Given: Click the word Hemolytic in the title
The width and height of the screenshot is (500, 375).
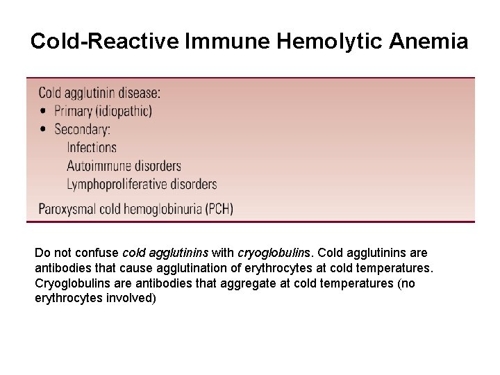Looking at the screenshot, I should point(329,42).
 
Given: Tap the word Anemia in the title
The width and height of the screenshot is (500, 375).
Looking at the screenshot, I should point(428,42).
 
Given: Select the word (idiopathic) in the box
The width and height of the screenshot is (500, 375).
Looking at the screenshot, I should point(124,111).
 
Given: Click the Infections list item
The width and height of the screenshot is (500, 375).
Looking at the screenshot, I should point(92,147).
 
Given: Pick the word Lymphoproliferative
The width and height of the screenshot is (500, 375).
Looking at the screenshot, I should point(116,184).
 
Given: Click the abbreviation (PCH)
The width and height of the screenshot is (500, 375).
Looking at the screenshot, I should point(219,208).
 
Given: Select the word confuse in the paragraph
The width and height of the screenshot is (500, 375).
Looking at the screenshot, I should point(100,253).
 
